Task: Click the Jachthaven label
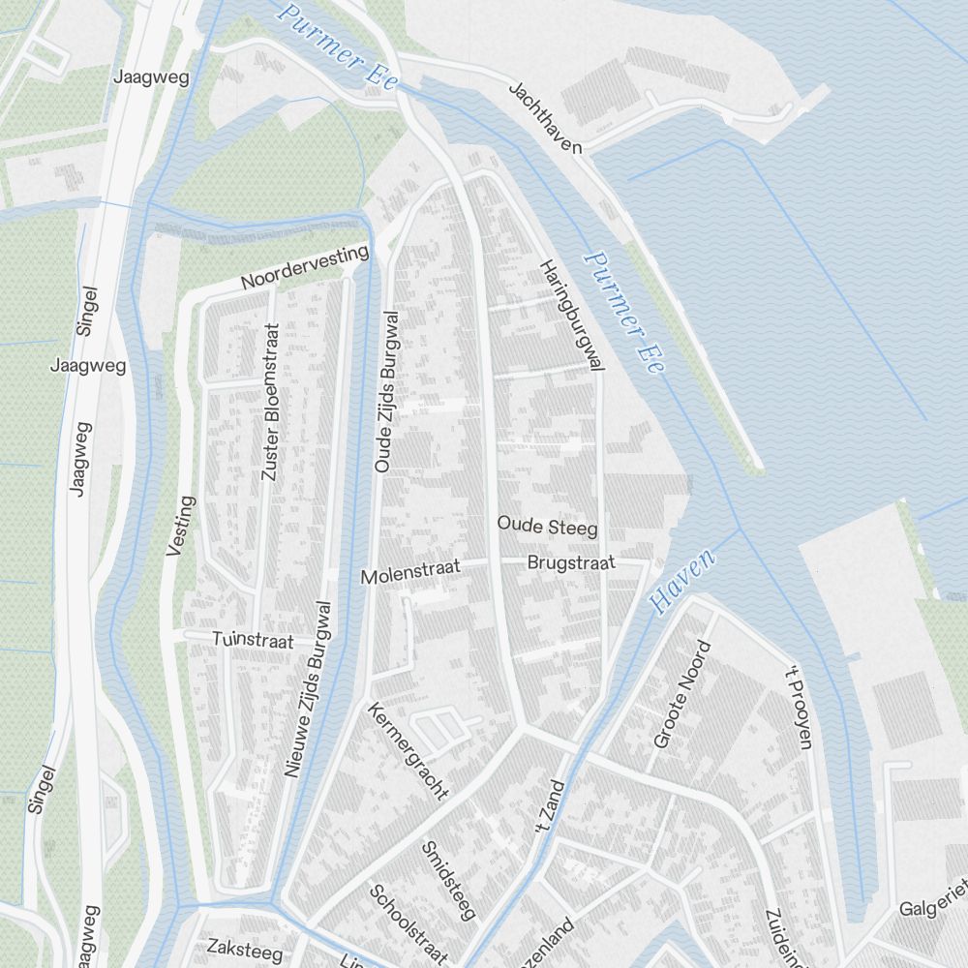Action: pyautogui.click(x=546, y=118)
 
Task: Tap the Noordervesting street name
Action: pyautogui.click(x=306, y=267)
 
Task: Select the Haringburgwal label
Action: pyautogui.click(x=572, y=316)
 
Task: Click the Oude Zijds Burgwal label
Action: pyautogui.click(x=387, y=392)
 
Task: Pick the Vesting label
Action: pyautogui.click(x=181, y=527)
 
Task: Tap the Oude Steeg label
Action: pyautogui.click(x=547, y=527)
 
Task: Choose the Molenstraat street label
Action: pyautogui.click(x=410, y=573)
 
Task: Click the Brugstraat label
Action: pyautogui.click(x=571, y=562)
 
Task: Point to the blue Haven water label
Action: pyautogui.click(x=683, y=582)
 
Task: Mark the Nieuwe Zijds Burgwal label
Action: pyautogui.click(x=309, y=689)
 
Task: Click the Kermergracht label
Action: pyautogui.click(x=408, y=751)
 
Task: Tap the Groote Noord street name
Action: pyautogui.click(x=676, y=693)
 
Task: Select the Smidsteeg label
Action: pyautogui.click(x=449, y=880)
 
